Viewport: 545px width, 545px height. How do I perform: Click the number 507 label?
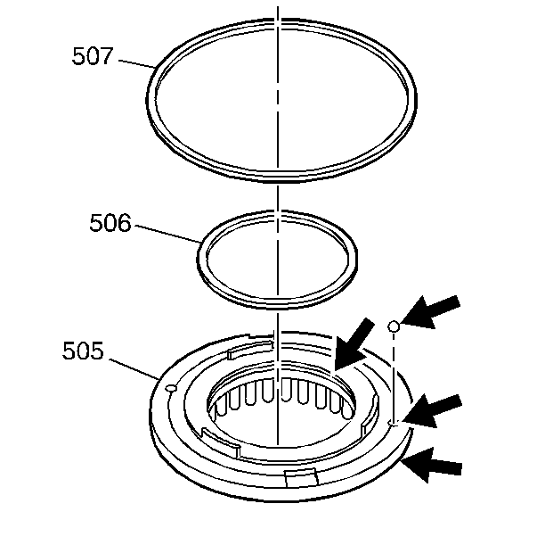(93, 55)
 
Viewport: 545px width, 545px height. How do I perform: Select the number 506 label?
(110, 222)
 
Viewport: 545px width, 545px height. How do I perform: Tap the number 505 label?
(83, 350)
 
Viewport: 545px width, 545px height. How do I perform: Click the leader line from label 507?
(136, 63)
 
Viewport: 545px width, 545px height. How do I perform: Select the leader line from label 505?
(134, 368)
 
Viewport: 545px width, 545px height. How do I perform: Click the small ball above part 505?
(393, 326)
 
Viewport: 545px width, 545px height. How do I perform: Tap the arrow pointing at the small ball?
(430, 311)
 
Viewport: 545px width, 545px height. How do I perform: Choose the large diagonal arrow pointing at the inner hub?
(354, 344)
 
